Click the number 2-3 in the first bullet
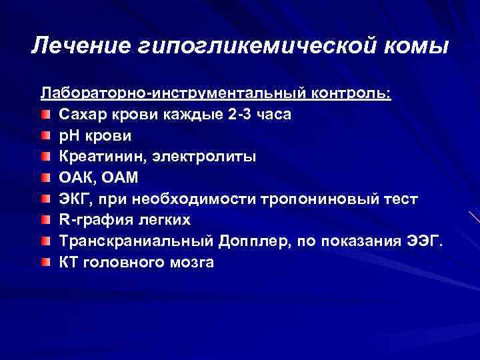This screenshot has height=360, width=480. point(241,113)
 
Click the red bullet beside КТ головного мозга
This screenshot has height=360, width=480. point(45,263)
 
